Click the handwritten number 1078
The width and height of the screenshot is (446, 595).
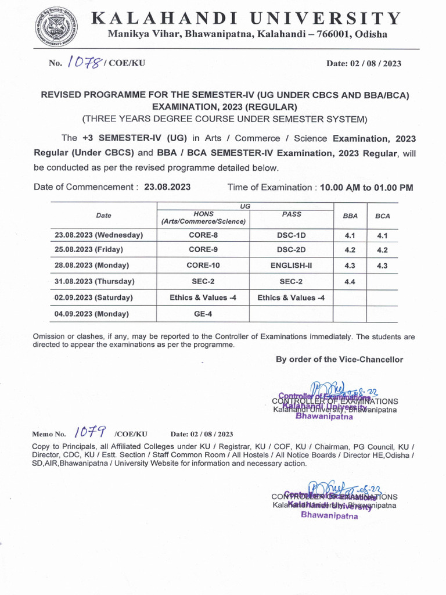pos(85,63)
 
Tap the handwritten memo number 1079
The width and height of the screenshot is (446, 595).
pos(89,433)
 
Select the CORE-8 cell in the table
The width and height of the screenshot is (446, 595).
pos(203,235)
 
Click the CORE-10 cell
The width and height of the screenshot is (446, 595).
pos(203,265)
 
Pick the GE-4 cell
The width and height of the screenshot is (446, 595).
pos(203,314)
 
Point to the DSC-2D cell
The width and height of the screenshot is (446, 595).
pos(291,250)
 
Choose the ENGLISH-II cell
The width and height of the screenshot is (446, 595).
pos(291,265)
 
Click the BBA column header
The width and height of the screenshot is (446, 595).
pos(350,216)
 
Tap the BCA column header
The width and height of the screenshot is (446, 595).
pos(382,216)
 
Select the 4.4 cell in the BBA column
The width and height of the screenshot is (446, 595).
pos(350,281)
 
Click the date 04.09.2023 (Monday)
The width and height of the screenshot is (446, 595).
pos(92,314)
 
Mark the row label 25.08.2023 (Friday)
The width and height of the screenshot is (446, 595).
pos(89,250)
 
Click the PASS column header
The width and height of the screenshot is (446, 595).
pos(291,214)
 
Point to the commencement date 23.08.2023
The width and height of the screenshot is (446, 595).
pos(167,188)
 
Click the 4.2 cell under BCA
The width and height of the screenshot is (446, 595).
pos(382,250)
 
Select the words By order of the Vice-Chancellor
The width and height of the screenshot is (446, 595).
pos(339,360)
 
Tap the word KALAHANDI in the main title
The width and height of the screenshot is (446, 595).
pos(163,19)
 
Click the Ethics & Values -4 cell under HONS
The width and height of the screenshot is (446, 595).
pos(203,297)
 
